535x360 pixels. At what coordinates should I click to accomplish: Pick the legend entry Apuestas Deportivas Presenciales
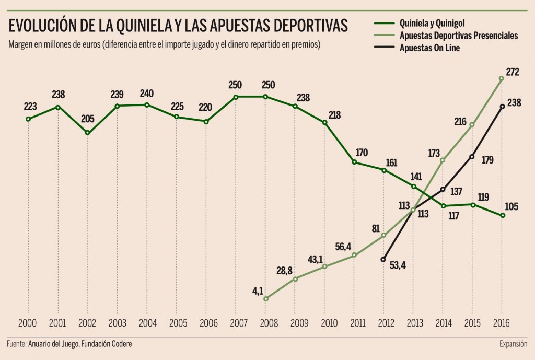pyautogui.click(x=458, y=36)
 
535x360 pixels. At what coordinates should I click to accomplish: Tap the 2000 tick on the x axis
pyautogui.click(x=28, y=323)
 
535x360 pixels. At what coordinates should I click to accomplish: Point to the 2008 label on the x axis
pyautogui.click(x=265, y=323)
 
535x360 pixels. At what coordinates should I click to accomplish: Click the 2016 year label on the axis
pyautogui.click(x=502, y=323)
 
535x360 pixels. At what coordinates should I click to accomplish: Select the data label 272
pyautogui.click(x=513, y=72)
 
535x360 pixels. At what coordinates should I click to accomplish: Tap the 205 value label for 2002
pyautogui.click(x=87, y=119)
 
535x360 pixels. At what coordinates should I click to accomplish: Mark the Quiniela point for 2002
pyautogui.click(x=87, y=133)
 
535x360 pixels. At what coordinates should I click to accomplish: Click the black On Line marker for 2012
pyautogui.click(x=383, y=259)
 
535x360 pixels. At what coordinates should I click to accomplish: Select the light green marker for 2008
pyautogui.click(x=265, y=299)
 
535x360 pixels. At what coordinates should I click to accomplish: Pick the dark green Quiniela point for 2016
pyautogui.click(x=503, y=215)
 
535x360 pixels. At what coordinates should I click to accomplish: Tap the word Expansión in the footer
pyautogui.click(x=513, y=344)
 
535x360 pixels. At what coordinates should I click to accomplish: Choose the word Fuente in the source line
pyautogui.click(x=17, y=344)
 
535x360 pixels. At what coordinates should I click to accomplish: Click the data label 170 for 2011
pyautogui.click(x=361, y=153)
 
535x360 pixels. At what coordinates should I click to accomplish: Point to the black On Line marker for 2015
pyautogui.click(x=472, y=156)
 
